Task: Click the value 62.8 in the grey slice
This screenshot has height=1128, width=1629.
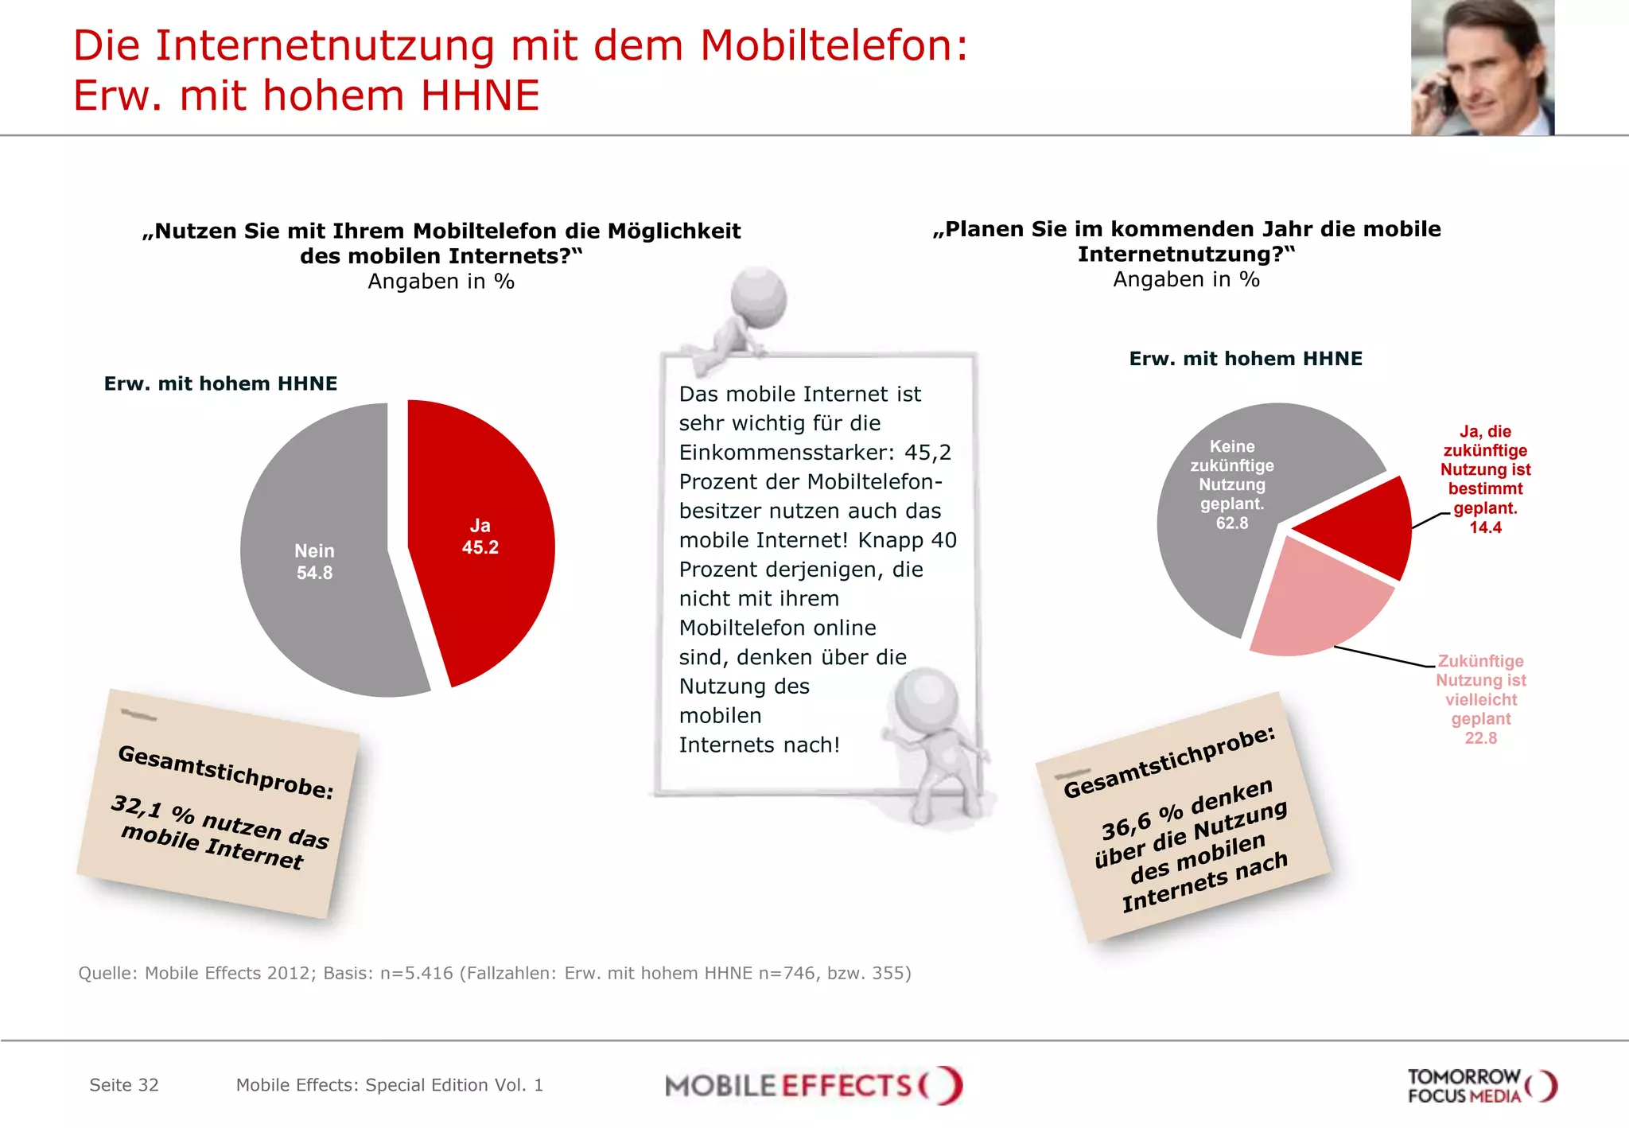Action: point(1231,523)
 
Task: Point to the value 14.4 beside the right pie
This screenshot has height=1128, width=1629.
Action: point(1485,527)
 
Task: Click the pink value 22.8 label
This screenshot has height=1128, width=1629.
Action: point(1480,738)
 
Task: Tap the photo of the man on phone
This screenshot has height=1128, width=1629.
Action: point(1482,68)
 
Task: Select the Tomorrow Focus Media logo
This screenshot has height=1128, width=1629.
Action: point(1481,1086)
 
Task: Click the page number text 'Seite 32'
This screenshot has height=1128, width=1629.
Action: point(124,1085)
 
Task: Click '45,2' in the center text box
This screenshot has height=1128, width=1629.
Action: point(927,453)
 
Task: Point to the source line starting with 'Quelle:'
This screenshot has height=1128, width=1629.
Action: point(494,973)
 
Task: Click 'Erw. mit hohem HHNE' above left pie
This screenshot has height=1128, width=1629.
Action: point(220,383)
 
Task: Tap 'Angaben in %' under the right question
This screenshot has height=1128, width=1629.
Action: point(1185,280)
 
